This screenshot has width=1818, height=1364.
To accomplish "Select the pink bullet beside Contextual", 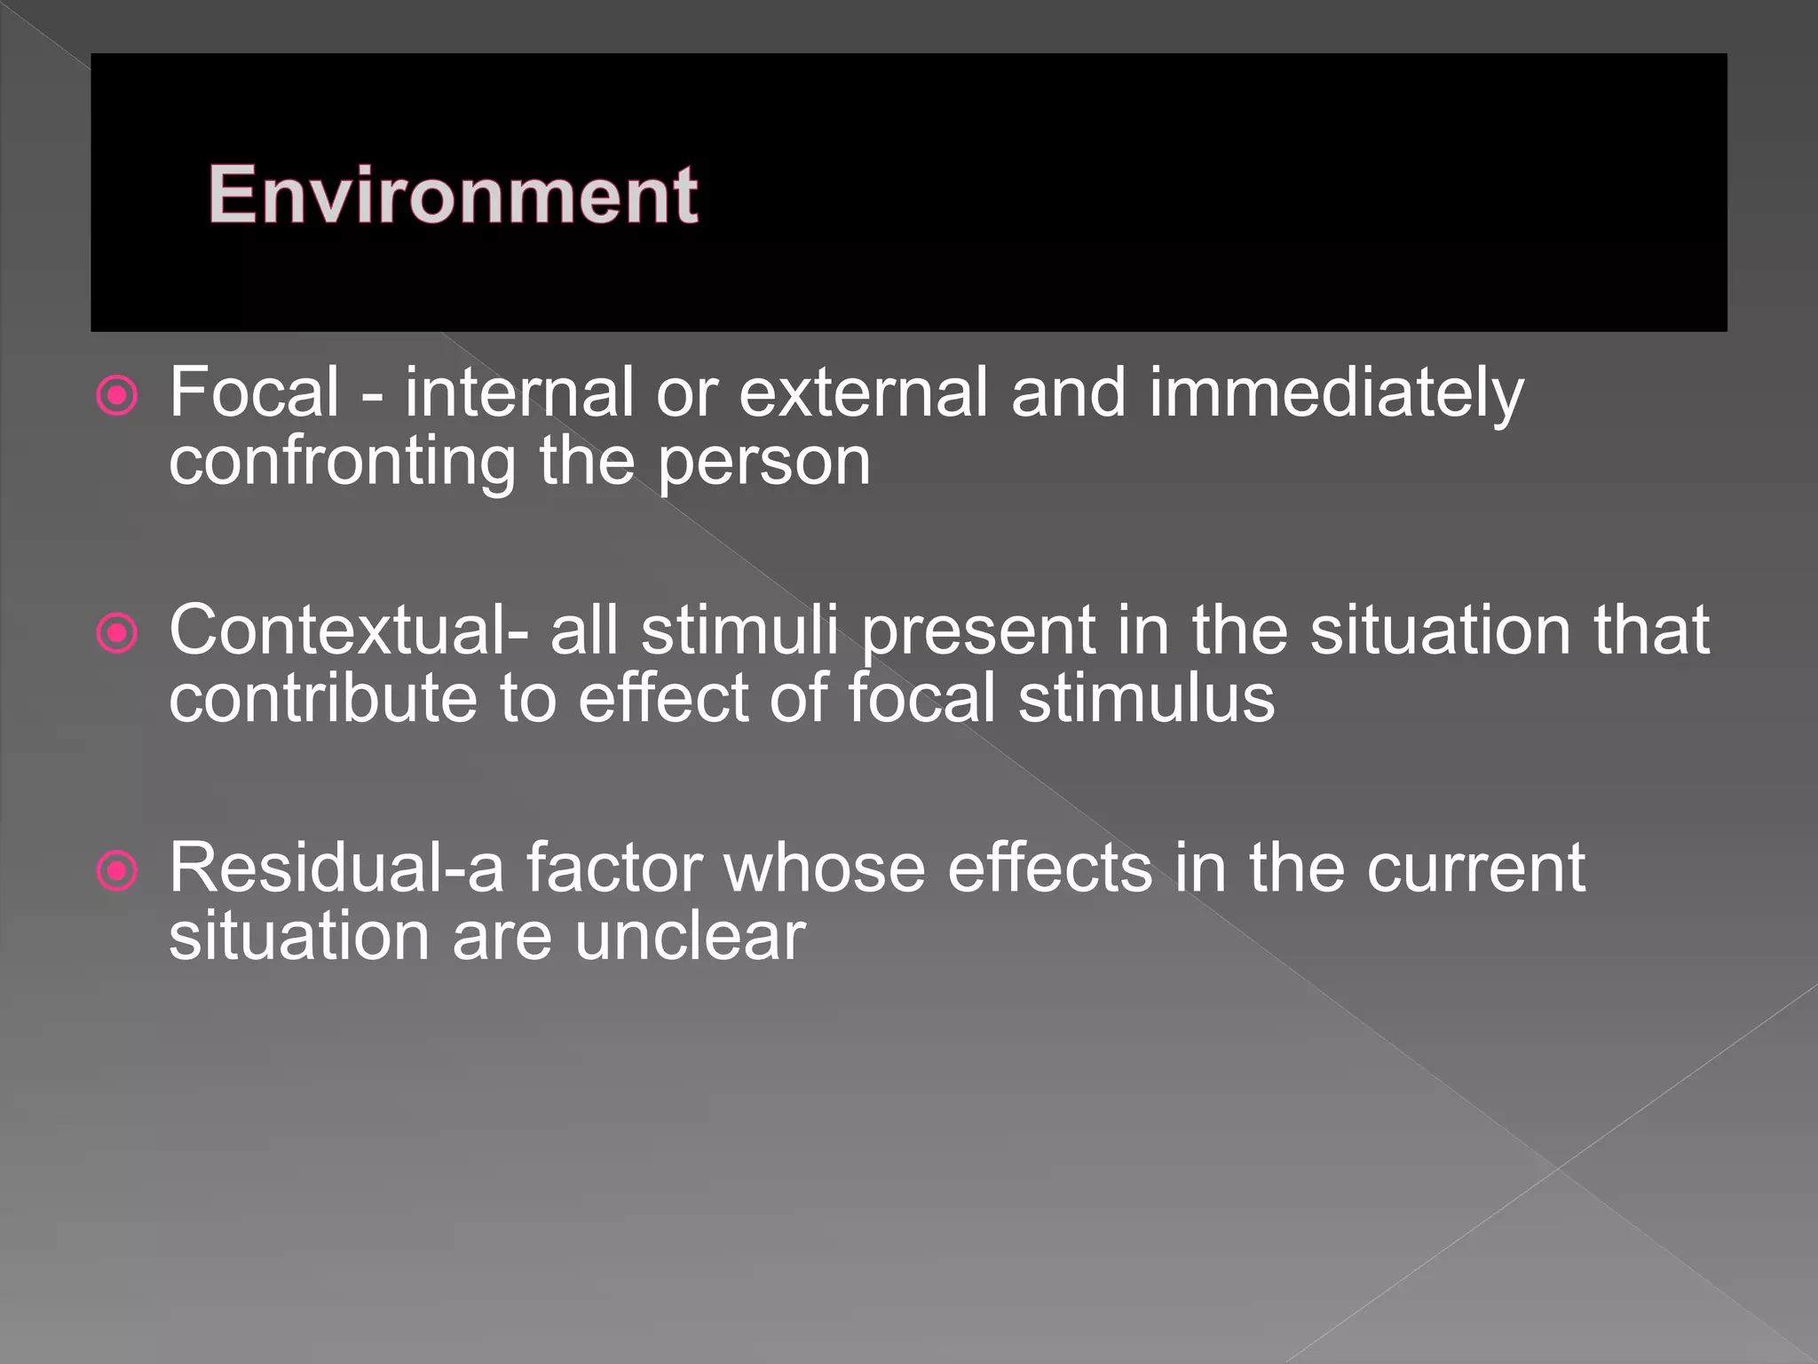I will [117, 634].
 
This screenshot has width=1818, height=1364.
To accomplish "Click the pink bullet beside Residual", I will [117, 871].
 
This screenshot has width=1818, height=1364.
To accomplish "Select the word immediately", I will [1336, 393].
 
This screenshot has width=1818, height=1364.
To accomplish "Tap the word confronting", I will [343, 462].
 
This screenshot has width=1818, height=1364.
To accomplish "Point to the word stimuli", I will [739, 630].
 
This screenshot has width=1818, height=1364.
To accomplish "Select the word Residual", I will [307, 867].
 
